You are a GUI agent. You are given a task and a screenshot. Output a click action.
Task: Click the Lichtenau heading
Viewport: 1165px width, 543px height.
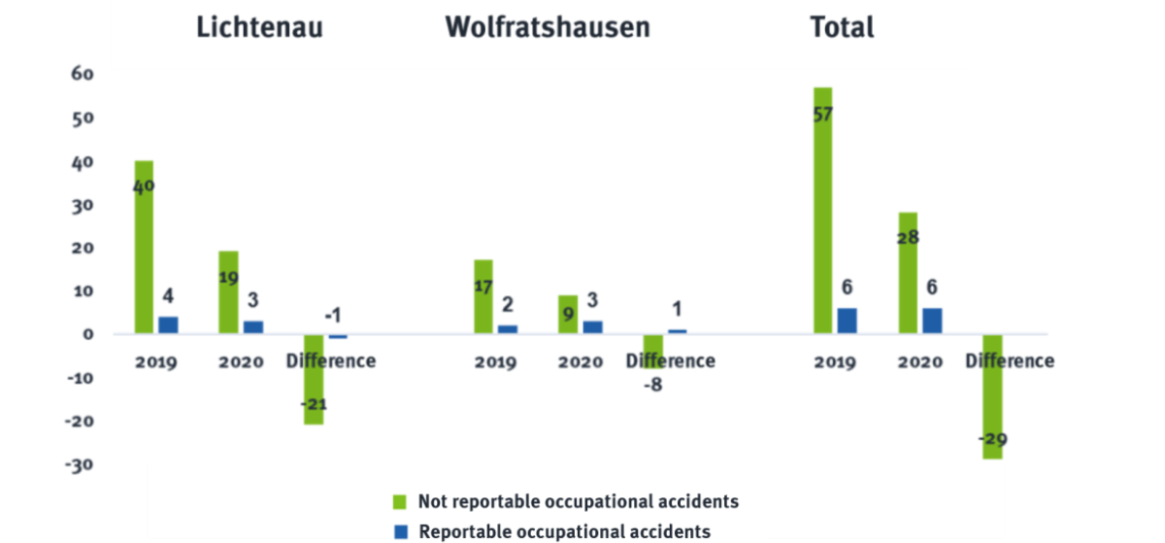click(x=259, y=27)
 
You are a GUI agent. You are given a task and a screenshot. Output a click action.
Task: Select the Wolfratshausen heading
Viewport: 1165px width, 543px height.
click(x=548, y=27)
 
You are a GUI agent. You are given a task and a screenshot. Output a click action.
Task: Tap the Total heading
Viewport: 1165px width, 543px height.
click(x=842, y=27)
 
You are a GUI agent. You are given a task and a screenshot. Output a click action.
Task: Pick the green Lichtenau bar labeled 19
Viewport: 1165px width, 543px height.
click(x=228, y=291)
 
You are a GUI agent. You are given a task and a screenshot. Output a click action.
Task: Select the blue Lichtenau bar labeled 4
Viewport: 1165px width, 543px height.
click(x=168, y=324)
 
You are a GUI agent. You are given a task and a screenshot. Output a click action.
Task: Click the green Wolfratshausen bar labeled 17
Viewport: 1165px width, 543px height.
click(x=483, y=295)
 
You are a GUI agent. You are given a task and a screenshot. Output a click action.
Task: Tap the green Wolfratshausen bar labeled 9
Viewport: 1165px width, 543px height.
click(x=567, y=313)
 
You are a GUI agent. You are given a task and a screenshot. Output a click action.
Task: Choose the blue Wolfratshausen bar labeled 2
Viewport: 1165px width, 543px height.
click(x=508, y=328)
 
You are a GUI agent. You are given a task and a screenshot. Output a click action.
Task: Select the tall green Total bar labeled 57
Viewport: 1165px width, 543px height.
click(x=823, y=209)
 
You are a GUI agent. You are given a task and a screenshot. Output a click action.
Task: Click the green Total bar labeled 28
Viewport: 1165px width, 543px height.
click(x=908, y=272)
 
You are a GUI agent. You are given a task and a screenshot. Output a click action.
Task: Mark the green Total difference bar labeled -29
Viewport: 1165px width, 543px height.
click(x=992, y=397)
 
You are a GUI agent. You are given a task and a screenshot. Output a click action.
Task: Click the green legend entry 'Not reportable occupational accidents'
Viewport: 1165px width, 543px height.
click(x=579, y=501)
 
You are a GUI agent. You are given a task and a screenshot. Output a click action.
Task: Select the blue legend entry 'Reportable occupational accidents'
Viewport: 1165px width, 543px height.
click(x=565, y=531)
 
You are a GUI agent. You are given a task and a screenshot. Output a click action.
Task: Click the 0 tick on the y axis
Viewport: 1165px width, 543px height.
click(x=87, y=334)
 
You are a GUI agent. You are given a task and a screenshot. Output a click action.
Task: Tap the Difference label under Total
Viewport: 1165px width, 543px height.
click(x=1009, y=361)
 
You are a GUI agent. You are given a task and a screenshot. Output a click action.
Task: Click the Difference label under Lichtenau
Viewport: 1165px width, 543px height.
click(x=331, y=361)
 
